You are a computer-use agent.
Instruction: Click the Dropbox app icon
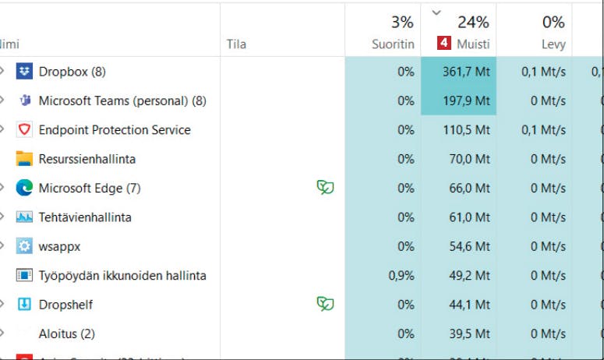pos(24,72)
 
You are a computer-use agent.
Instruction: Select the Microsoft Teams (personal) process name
pos(122,101)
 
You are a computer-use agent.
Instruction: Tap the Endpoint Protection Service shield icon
pos(24,130)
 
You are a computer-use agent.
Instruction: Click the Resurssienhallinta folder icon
pos(24,159)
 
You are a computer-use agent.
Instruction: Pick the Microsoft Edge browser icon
pos(24,188)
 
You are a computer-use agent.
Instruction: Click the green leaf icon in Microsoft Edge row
pos(325,188)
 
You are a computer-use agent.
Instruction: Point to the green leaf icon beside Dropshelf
pos(325,304)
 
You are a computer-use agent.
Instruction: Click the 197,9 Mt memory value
pos(466,101)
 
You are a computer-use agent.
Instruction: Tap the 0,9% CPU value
pos(401,276)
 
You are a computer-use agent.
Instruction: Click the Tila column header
pos(236,44)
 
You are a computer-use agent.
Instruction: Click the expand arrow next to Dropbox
pos(2,72)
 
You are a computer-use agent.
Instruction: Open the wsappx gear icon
pos(24,246)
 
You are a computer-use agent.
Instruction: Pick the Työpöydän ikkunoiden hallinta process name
pos(122,276)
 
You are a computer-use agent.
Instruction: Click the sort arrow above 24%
pos(436,12)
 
